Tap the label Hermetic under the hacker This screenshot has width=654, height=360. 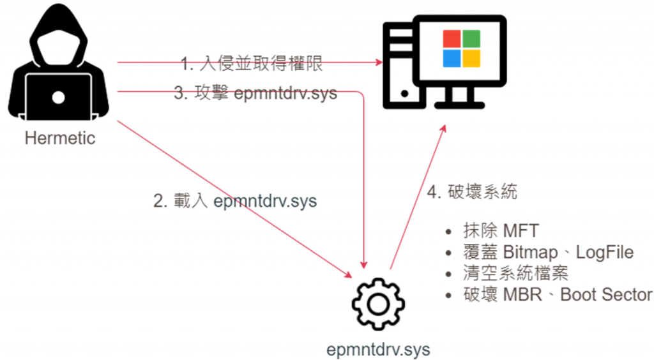(60, 137)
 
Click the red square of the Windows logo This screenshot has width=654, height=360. (452, 39)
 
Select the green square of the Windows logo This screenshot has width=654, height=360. (472, 39)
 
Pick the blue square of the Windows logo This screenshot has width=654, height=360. (452, 59)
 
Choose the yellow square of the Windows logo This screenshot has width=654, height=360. (472, 59)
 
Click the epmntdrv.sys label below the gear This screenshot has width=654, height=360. (377, 350)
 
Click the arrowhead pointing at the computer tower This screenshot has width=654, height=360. (381, 63)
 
